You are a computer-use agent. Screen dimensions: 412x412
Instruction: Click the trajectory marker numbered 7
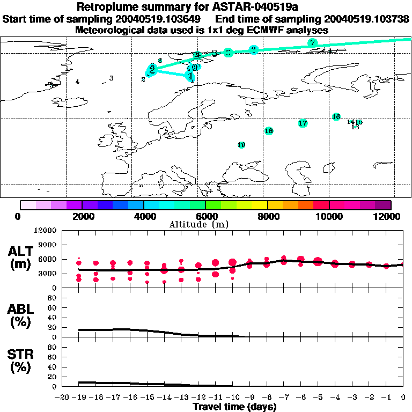[313, 42]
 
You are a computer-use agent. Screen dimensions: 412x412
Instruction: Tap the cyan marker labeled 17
[303, 123]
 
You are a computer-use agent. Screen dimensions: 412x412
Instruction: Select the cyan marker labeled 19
[241, 145]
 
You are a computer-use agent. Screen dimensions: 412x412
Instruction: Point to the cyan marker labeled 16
[336, 117]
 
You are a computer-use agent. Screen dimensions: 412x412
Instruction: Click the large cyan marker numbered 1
[190, 76]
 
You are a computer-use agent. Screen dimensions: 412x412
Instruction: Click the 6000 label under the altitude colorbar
[205, 216]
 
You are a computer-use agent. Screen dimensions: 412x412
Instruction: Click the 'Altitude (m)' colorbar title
[205, 224]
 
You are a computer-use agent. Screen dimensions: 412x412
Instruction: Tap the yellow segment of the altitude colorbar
[260, 205]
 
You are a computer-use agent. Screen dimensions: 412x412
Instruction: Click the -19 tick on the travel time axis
[79, 398]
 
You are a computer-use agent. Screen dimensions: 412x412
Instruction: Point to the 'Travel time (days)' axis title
[234, 407]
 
